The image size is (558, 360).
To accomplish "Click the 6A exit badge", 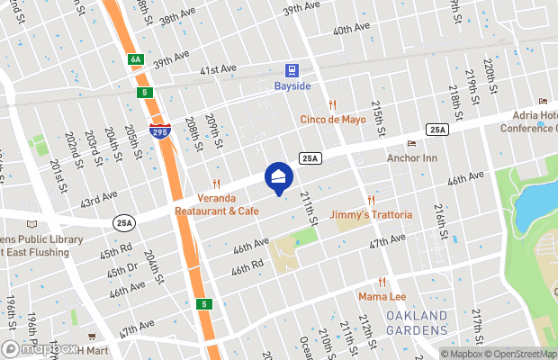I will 136,58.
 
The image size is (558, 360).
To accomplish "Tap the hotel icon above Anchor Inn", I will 412,142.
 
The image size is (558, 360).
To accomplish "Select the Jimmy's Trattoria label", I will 377,215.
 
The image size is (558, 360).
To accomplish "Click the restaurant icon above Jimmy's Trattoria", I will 370,200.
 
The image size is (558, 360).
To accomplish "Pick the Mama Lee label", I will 382,295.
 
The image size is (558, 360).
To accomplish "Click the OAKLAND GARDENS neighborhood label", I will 417,323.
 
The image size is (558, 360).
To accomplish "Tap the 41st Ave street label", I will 217,69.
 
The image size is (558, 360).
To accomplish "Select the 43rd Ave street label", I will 99,197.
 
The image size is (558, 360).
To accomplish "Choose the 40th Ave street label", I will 351,30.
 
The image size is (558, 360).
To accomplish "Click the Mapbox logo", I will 40,348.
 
